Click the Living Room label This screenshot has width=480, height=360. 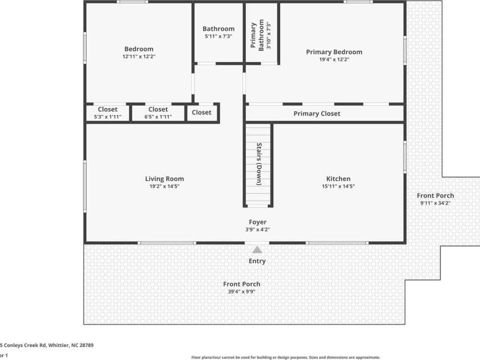[x=164, y=179]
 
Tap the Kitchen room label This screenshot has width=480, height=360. [x=338, y=179]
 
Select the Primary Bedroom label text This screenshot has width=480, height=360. [x=334, y=52]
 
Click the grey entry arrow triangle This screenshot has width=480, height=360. [x=257, y=249]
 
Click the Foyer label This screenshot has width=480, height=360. [x=257, y=222]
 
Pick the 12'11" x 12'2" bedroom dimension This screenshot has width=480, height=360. [x=139, y=57]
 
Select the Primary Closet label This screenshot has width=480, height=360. [x=317, y=113]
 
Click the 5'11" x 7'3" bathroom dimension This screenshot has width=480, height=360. [x=219, y=36]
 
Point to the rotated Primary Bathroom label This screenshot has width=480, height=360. [x=257, y=36]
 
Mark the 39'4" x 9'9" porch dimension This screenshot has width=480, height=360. [x=241, y=292]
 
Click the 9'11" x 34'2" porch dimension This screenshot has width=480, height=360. [x=437, y=203]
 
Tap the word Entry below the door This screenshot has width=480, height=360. [x=257, y=261]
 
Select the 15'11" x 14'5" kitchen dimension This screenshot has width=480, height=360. [x=338, y=186]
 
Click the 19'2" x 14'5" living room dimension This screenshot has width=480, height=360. [x=164, y=186]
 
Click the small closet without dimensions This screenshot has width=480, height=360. [x=201, y=112]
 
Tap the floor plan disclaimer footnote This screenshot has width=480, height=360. [x=285, y=357]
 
